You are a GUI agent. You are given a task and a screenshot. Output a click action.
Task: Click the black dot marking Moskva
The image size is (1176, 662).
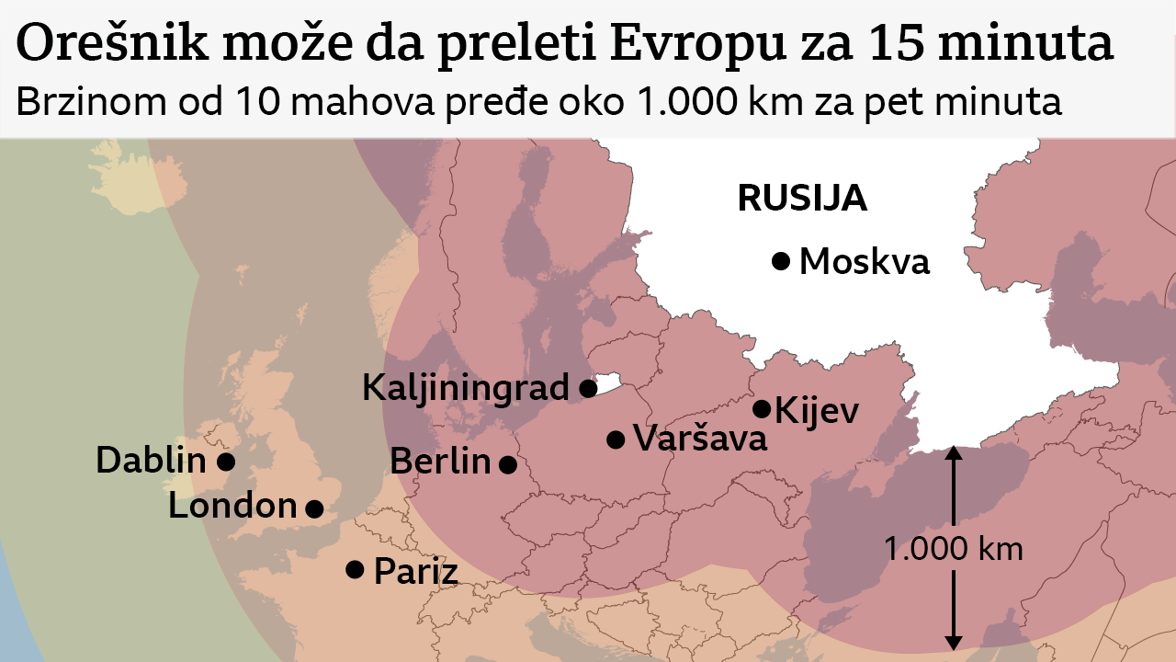pyautogui.click(x=781, y=261)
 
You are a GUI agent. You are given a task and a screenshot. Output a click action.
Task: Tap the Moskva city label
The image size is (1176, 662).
pyautogui.click(x=865, y=262)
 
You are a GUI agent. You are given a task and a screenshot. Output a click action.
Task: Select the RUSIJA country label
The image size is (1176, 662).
pyautogui.click(x=802, y=198)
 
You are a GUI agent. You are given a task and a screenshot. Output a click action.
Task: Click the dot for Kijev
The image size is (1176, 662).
pyautogui.click(x=762, y=408)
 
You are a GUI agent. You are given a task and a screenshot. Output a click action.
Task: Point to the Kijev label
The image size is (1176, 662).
pyautogui.click(x=817, y=410)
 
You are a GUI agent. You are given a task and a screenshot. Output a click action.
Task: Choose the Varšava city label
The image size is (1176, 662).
pyautogui.click(x=700, y=439)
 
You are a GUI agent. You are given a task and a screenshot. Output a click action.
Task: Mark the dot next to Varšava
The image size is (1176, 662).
pyautogui.click(x=616, y=439)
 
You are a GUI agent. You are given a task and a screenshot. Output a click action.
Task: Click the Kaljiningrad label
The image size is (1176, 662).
pyautogui.click(x=466, y=387)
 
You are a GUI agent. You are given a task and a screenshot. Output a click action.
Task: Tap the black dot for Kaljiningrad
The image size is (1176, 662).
pyautogui.click(x=588, y=388)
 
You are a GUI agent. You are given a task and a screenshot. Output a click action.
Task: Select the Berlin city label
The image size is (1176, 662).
pyautogui.click(x=440, y=461)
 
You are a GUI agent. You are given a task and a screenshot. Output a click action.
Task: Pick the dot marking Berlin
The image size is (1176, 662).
pyautogui.click(x=507, y=464)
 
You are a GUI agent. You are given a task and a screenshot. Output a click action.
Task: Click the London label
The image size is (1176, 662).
pyautogui.click(x=232, y=505)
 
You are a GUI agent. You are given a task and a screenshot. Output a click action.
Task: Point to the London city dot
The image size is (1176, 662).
pyautogui.click(x=314, y=508)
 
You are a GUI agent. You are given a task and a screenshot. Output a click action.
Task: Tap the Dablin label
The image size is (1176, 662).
pyautogui.click(x=151, y=460)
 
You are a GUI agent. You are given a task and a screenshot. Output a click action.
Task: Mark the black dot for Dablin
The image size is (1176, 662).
pyautogui.click(x=225, y=461)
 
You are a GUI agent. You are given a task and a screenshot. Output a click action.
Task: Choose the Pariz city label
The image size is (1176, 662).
pyautogui.click(x=415, y=572)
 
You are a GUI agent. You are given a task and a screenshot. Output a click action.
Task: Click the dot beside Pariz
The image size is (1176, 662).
pyautogui.click(x=355, y=569)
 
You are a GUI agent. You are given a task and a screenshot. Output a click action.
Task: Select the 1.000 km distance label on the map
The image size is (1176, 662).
pyautogui.click(x=953, y=550)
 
